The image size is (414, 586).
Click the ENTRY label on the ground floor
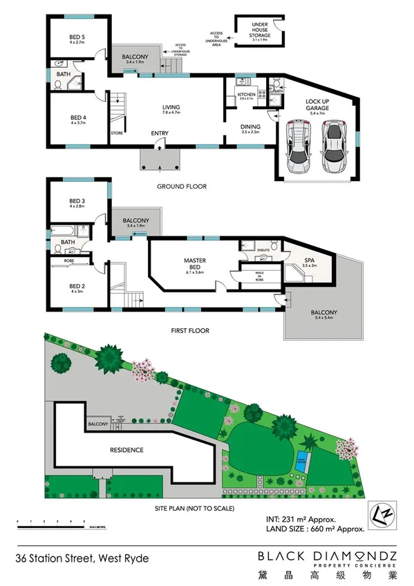pos(160,133)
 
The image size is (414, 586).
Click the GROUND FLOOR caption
pos(181,187)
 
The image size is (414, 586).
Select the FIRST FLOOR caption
pos(190,331)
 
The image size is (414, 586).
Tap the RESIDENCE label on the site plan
pos(127,451)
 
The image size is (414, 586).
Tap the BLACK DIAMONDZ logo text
pos(327,556)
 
